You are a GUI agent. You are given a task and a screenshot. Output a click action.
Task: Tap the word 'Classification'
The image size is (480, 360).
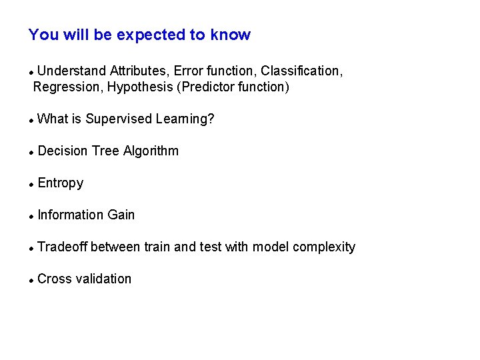pos(301,71)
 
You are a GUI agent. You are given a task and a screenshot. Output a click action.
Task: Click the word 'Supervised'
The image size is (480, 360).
pos(119,119)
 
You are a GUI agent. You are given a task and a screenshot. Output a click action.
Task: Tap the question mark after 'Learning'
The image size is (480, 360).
pos(211,119)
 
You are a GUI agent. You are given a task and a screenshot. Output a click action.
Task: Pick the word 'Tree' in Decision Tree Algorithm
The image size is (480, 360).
pos(105,151)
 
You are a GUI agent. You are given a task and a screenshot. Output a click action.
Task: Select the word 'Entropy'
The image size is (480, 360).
pos(61,183)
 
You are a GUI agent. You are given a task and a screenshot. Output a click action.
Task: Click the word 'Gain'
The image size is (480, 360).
pos(121,215)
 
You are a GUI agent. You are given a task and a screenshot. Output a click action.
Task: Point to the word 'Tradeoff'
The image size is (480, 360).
pos(63,247)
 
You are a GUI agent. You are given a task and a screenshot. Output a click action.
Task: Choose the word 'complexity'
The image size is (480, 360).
pos(324,247)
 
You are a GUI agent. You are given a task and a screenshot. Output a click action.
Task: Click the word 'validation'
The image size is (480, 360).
pos(103,279)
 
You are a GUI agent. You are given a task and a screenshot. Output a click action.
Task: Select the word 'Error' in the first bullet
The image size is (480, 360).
pos(189,71)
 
